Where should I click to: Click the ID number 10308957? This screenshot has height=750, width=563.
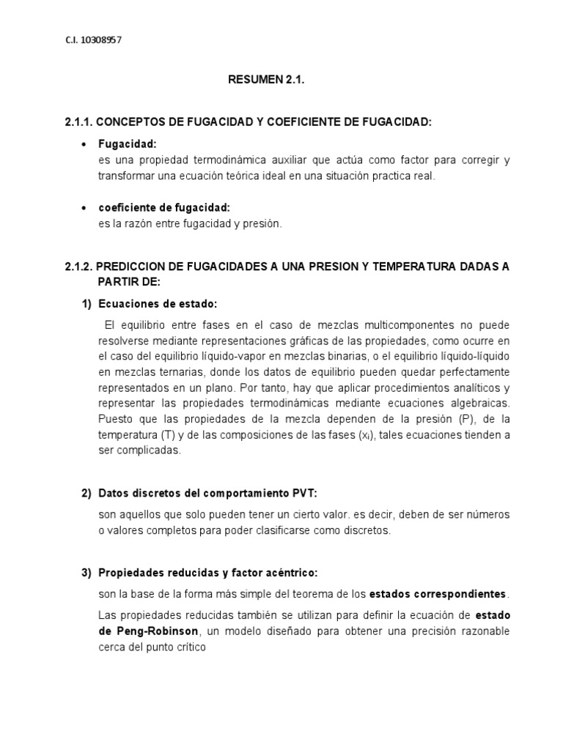pos(100,40)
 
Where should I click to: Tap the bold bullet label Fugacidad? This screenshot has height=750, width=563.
pos(128,144)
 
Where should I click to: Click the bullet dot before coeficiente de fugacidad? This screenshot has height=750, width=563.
pos(87,209)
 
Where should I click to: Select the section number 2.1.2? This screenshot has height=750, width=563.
pos(78,266)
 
